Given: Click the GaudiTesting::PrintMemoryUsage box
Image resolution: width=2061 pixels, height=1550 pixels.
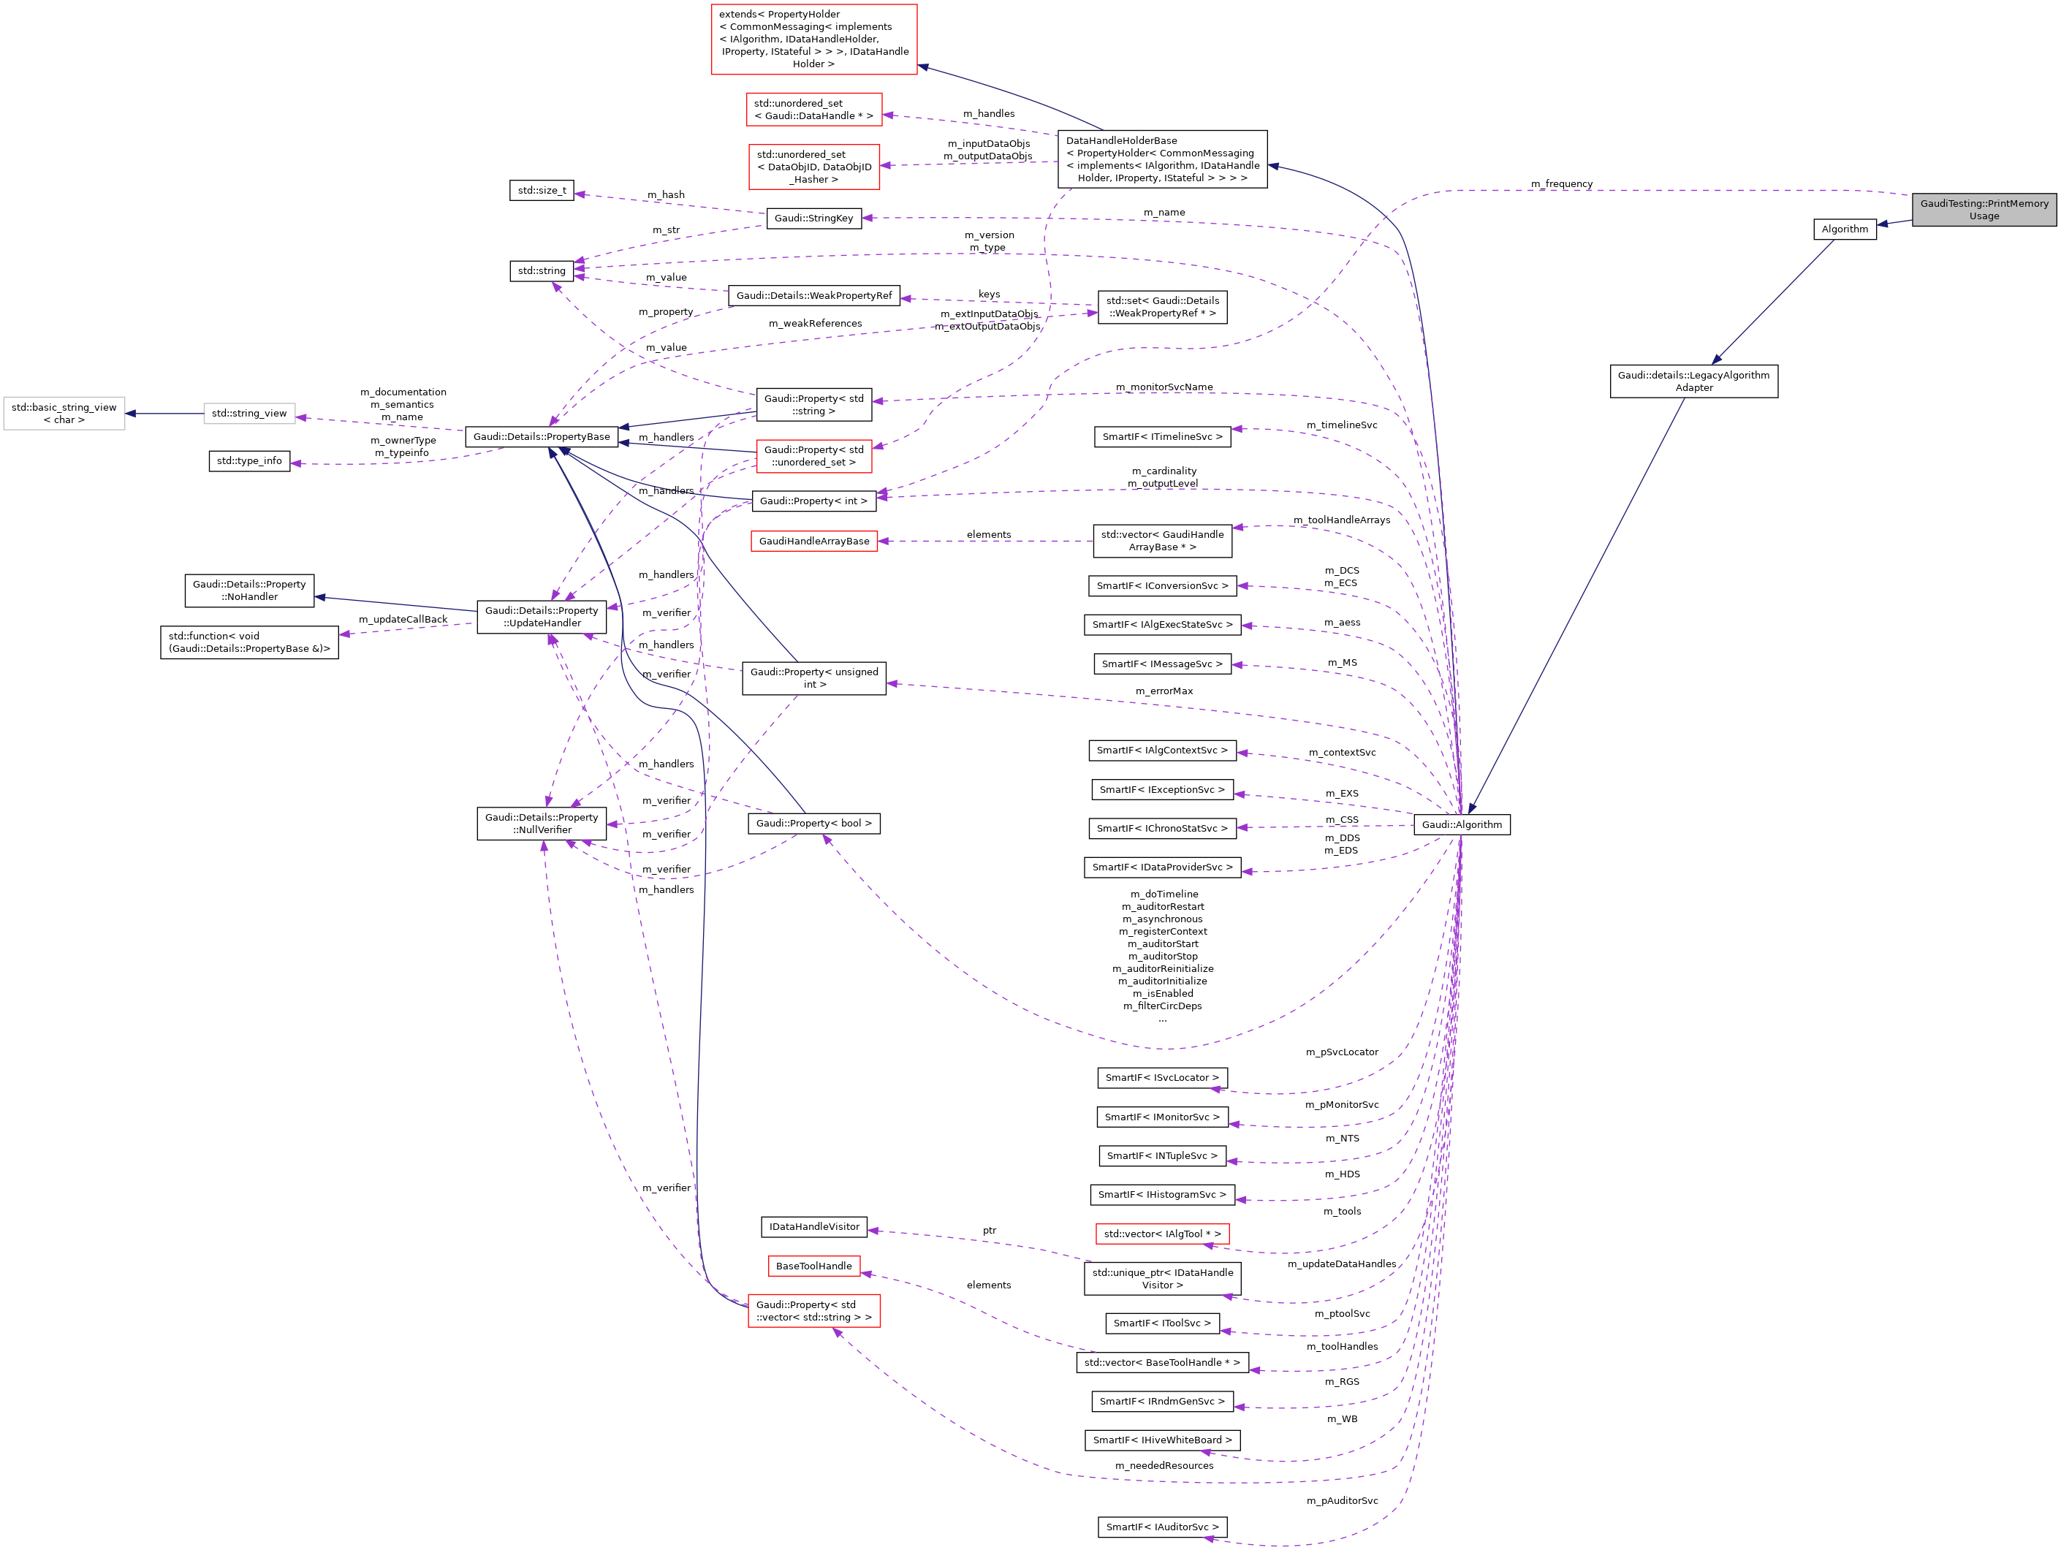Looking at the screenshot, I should tap(1984, 210).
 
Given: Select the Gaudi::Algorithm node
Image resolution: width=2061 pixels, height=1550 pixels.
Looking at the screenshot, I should tap(1461, 824).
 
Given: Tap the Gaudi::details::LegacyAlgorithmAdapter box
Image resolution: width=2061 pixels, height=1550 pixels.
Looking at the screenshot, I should tap(1693, 381).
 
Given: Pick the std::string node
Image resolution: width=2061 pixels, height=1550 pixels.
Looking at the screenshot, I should tap(542, 271).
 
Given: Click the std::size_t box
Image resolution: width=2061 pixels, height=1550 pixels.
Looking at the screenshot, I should tap(542, 191).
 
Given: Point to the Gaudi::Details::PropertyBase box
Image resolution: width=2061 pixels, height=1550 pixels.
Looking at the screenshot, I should tap(542, 437).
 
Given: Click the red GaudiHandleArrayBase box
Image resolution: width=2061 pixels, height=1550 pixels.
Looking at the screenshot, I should tap(813, 542).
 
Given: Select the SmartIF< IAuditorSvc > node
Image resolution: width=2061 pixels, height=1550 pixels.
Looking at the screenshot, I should tap(1162, 1527).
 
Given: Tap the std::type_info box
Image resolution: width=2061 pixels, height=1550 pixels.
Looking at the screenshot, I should tap(248, 461).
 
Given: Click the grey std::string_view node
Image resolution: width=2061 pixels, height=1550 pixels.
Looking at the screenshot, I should tap(248, 414).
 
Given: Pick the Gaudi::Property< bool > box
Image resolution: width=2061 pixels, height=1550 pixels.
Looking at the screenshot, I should tap(813, 824).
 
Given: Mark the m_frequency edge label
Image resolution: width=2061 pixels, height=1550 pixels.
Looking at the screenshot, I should tap(1562, 184).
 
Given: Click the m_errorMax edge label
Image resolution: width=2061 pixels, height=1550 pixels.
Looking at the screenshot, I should tap(1164, 691).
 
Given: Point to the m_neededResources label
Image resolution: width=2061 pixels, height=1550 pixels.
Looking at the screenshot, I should tap(1164, 1465).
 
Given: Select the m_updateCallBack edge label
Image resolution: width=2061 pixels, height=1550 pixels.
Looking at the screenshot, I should tap(403, 620).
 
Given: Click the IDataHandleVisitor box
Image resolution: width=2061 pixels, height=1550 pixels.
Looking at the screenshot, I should tap(813, 1227).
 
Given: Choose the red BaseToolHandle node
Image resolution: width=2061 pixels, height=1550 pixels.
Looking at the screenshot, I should tap(813, 1266).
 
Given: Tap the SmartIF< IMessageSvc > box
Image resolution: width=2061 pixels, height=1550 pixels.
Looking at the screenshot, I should tap(1162, 664).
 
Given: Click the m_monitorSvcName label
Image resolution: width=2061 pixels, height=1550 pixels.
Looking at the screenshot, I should tap(1164, 387).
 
